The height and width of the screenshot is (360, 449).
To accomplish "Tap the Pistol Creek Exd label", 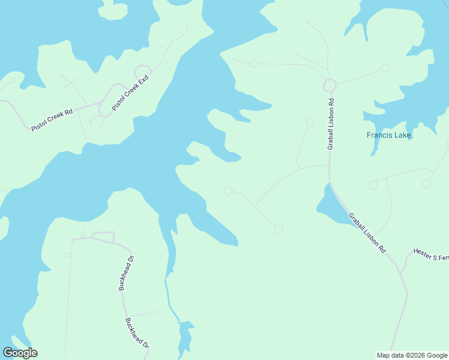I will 130,91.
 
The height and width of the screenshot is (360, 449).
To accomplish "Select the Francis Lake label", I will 389,135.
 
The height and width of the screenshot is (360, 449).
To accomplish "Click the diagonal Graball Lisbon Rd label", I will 366,233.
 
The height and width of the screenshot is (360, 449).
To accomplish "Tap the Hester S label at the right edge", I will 430,255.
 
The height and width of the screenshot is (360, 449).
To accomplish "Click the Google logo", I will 20,353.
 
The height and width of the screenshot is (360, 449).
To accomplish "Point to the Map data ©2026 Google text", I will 412,355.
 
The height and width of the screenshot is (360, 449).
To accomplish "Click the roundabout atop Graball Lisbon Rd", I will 329,85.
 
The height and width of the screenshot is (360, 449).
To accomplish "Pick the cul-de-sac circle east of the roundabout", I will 385,68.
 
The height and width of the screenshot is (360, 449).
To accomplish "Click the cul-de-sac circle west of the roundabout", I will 254,64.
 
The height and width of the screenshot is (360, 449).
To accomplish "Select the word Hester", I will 424,253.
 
